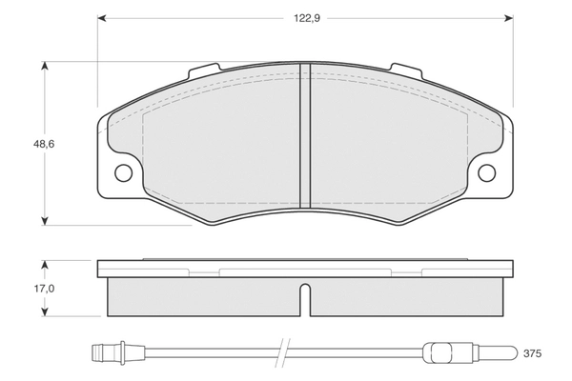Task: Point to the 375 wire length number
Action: point(532,354)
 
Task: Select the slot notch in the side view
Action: point(304,300)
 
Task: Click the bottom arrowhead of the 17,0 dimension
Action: point(44,311)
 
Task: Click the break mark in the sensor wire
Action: point(282,353)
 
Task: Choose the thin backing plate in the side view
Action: point(304,267)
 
